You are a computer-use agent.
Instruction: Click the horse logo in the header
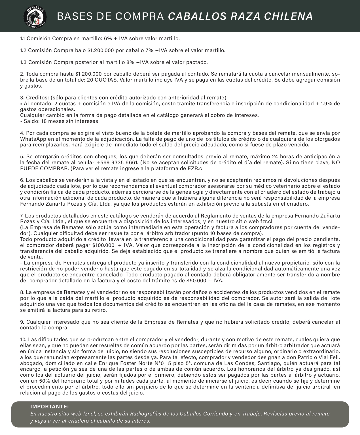tap(35, 16)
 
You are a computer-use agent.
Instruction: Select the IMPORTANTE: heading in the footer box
tap(50, 407)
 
